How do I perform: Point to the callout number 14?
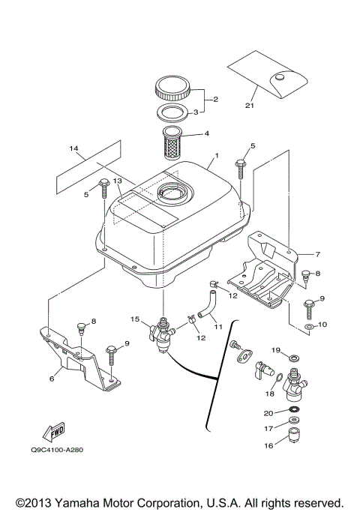click(x=73, y=149)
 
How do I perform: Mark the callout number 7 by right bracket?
click(x=318, y=254)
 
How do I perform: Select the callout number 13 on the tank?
click(x=117, y=190)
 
